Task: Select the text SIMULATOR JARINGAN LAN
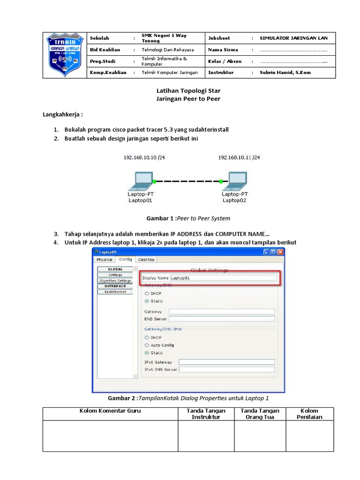click(x=293, y=38)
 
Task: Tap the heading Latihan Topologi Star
click(x=187, y=90)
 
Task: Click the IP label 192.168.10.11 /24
click(x=239, y=158)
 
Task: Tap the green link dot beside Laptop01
click(x=154, y=180)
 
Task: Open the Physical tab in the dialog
click(x=104, y=259)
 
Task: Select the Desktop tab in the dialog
click(x=146, y=259)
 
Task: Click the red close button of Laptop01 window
click(x=280, y=252)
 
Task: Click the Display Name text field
click(x=223, y=278)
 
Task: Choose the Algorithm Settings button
click(x=115, y=281)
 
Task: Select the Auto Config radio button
click(x=147, y=345)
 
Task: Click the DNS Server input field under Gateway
click(x=221, y=319)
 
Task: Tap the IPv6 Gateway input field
click(x=226, y=362)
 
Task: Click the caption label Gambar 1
click(x=161, y=218)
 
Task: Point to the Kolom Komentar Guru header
click(x=110, y=411)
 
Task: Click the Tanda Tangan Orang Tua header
click(x=260, y=413)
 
